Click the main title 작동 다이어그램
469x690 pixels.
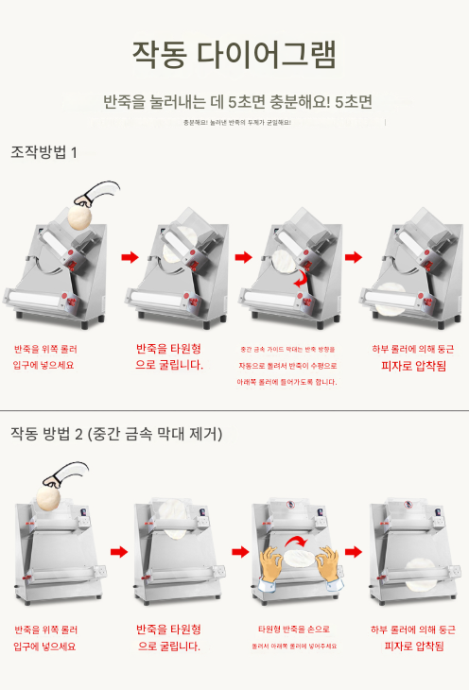coord(234,54)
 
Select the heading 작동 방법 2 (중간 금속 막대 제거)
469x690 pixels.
coord(116,434)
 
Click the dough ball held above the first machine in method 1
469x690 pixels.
coord(78,216)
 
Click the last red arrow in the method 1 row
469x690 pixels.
coord(353,257)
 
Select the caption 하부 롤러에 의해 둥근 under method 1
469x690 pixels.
coord(413,348)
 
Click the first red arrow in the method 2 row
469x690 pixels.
coord(118,552)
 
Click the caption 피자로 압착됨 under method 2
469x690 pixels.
coord(413,647)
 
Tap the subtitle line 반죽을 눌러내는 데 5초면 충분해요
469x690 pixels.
coord(237,100)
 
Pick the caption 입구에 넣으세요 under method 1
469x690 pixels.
coord(43,365)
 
